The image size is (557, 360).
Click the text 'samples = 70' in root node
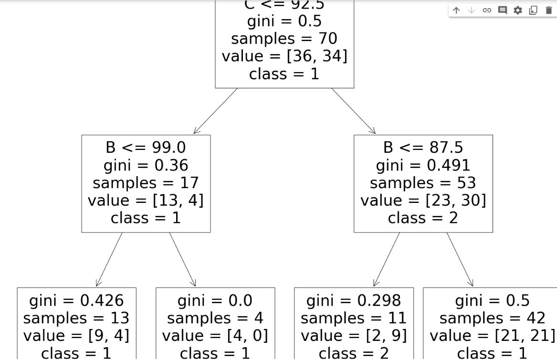(284, 39)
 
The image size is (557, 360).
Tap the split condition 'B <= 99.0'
(146, 148)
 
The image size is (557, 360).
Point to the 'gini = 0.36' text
(146, 165)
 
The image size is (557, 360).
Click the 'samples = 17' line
(146, 183)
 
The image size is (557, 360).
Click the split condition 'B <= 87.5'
(423, 148)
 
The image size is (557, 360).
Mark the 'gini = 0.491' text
(423, 165)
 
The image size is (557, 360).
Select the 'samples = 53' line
(423, 183)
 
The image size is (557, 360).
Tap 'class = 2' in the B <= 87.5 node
(423, 218)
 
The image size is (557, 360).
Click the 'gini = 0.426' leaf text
(76, 300)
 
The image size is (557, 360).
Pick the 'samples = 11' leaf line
(354, 318)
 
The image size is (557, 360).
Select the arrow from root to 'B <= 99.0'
(215, 111)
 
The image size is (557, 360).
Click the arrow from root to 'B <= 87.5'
(354, 111)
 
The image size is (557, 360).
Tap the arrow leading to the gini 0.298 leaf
(386, 260)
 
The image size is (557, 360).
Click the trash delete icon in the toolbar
(548, 10)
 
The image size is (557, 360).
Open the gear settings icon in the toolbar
(518, 10)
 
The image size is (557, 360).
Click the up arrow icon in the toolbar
(456, 10)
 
